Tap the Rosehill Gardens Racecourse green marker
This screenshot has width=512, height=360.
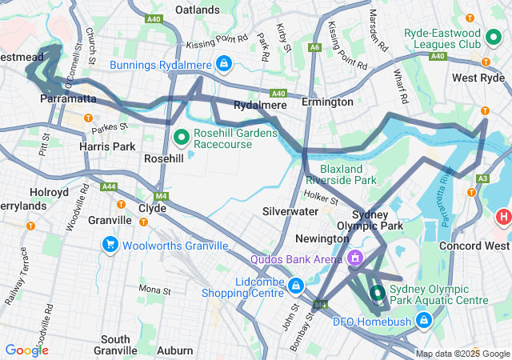coord(181,137)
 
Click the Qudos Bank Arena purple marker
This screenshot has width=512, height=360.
coord(354,258)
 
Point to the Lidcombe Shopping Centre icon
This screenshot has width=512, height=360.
coord(295,285)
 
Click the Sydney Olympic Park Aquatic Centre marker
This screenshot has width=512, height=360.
coord(376,293)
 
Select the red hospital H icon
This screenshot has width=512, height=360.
coord(503,216)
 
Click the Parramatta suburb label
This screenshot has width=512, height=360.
coord(67,98)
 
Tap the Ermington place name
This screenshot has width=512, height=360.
coord(327,102)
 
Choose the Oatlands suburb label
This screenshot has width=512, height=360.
coord(197,10)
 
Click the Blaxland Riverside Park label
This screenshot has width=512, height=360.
coord(347,174)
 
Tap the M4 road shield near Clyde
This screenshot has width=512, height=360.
coord(162,196)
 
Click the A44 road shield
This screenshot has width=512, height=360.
coord(109,186)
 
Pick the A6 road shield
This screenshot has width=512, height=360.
coord(315,48)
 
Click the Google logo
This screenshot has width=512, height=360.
coord(26,350)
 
